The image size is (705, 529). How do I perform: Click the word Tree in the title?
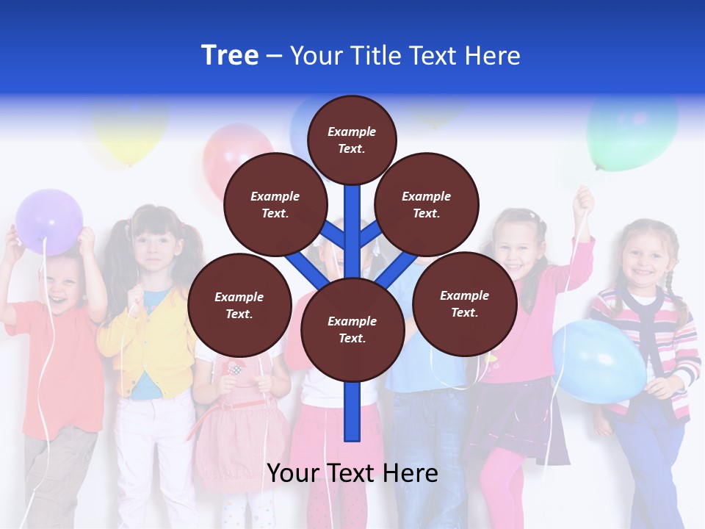tap(230, 56)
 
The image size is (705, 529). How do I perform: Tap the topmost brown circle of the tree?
tap(352, 140)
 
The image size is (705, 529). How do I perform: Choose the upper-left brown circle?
tap(275, 204)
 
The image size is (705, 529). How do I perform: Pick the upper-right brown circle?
tap(427, 204)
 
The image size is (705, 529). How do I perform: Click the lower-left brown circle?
tap(239, 305)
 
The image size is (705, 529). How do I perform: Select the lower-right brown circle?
tap(464, 303)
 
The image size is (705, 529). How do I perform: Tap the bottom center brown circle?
tap(352, 329)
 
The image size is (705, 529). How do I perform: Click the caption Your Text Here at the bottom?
tap(352, 473)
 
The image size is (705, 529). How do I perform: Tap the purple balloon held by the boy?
tap(49, 221)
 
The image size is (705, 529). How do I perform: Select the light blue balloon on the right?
tap(599, 360)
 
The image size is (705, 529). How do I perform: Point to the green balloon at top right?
tap(632, 132)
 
